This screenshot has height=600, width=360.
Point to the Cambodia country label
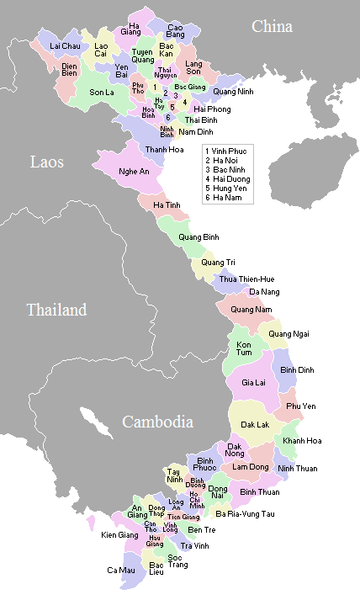click(157, 422)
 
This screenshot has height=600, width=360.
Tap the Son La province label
click(102, 92)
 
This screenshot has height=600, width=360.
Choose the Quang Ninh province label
click(236, 91)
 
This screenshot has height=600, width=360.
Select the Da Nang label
click(264, 291)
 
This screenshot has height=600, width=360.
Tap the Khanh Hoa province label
click(301, 441)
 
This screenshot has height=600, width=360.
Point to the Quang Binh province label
click(197, 237)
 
